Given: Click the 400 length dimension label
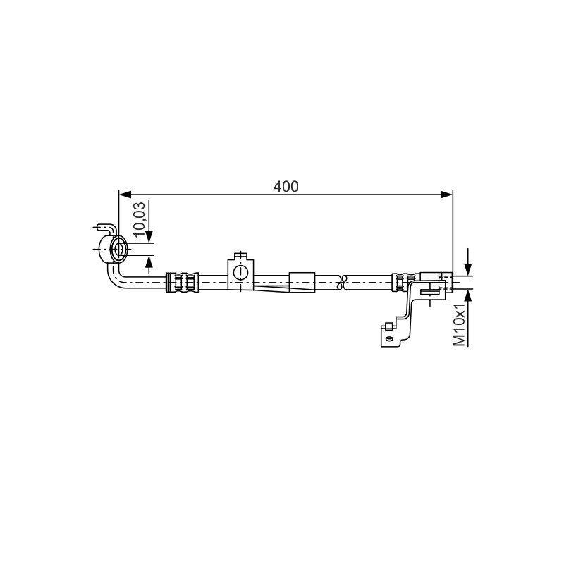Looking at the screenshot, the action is point(286,186).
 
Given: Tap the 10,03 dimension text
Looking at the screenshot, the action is point(139,219).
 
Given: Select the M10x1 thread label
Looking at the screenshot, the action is point(460,325).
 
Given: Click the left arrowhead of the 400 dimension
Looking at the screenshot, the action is point(125,195).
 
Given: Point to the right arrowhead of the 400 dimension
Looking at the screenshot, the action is point(447,195).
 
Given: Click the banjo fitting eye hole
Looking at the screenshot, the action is point(119,249).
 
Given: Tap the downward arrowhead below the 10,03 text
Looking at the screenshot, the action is point(149,237).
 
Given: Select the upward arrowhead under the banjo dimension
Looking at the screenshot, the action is point(149,261).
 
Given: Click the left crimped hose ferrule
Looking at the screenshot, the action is point(182,283).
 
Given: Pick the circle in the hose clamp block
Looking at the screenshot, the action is point(240,272).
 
